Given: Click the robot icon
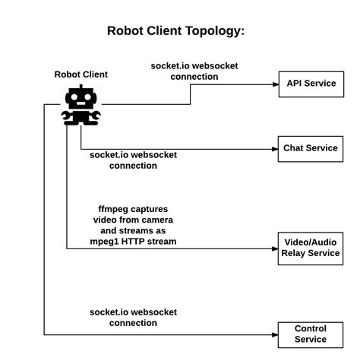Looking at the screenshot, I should coord(81,105).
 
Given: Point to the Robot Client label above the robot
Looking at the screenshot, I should coord(81,74).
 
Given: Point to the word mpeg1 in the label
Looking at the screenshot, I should coord(112,242).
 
